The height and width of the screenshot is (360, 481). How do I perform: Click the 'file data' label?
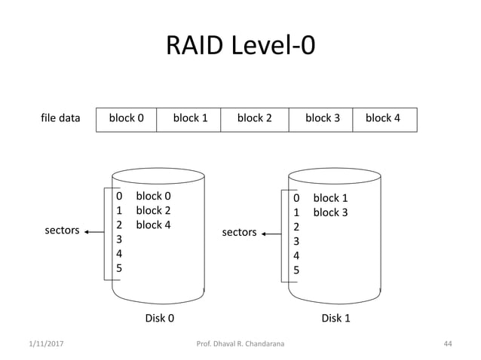(60, 118)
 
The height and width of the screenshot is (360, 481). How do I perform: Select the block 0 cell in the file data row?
(127, 118)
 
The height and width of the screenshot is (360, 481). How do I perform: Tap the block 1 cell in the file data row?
(190, 118)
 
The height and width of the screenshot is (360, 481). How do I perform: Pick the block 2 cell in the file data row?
(254, 118)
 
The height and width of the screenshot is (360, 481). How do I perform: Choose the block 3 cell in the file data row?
(322, 118)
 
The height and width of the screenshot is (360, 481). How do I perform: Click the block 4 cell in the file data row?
(382, 118)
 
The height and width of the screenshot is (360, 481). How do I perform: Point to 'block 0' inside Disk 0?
(153, 197)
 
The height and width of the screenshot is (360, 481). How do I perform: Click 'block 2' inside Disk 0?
(153, 210)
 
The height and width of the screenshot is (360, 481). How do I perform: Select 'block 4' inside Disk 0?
(153, 224)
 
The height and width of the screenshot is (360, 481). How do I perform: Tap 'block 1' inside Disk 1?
(330, 198)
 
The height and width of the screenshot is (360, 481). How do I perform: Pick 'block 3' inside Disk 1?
(330, 212)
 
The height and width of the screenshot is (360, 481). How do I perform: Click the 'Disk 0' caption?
(159, 318)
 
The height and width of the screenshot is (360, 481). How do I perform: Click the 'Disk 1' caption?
(335, 318)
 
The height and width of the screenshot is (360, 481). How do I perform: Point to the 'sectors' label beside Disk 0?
(63, 230)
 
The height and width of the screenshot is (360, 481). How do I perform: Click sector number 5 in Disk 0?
(119, 267)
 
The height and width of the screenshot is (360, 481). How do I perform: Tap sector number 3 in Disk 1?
(296, 241)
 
